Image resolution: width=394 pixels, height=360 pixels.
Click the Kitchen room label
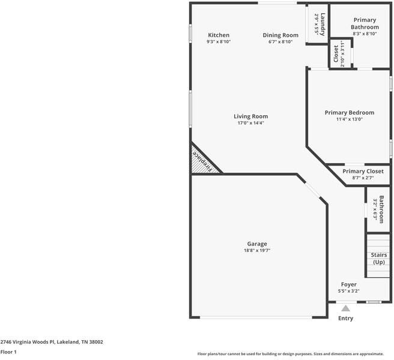click(219, 35)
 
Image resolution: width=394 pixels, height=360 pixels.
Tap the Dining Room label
click(280, 35)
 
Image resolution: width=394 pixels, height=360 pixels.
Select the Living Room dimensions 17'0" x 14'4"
click(250, 123)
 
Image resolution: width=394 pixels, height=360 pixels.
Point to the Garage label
click(257, 244)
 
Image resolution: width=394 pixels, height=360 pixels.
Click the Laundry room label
click(323, 24)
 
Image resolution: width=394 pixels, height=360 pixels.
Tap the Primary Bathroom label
click(365, 24)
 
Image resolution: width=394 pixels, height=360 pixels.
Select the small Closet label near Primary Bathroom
click(336, 53)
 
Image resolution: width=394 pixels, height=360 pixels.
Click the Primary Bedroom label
click(349, 113)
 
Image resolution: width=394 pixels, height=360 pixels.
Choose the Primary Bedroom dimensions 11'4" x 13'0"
click(349, 119)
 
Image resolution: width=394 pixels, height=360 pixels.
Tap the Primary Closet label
click(363, 172)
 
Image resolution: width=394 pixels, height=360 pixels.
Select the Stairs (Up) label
click(379, 259)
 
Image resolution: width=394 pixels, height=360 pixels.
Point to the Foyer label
click(349, 284)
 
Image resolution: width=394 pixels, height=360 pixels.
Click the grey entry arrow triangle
click(345, 308)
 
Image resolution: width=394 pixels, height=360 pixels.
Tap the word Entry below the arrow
click(345, 319)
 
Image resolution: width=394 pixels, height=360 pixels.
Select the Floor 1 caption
click(8, 352)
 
